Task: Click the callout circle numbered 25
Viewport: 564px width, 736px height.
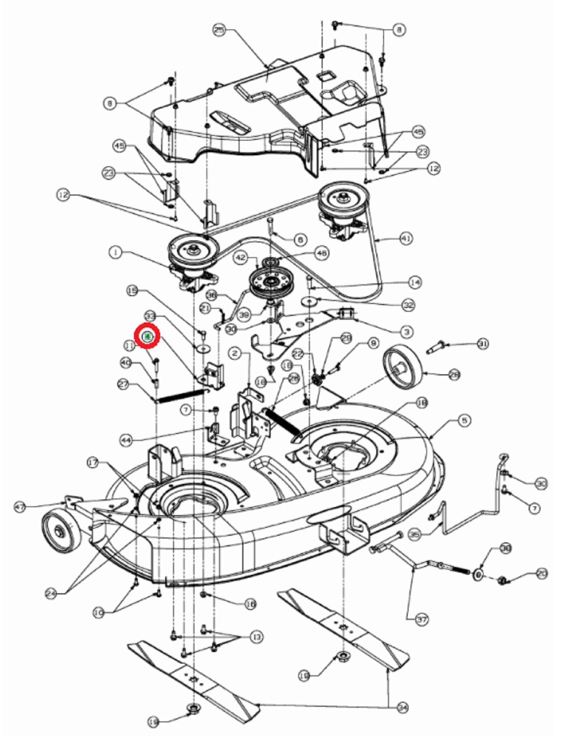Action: pyautogui.click(x=219, y=30)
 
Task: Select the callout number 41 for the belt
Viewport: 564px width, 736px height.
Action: pyautogui.click(x=406, y=238)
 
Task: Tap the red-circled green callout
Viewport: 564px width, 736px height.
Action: pyautogui.click(x=148, y=336)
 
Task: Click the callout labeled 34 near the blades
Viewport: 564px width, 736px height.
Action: pyautogui.click(x=403, y=707)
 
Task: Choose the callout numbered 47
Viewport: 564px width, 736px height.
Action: pyautogui.click(x=20, y=507)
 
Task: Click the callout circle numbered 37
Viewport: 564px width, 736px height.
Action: pyautogui.click(x=422, y=620)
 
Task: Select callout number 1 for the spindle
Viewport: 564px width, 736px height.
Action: pyautogui.click(x=116, y=253)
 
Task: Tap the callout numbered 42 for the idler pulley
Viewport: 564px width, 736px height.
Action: pyautogui.click(x=241, y=258)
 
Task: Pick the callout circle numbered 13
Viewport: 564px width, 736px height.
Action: pyautogui.click(x=257, y=637)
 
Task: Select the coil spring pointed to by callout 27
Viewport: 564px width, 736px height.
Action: pyautogui.click(x=180, y=396)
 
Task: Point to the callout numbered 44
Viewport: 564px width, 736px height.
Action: pyautogui.click(x=126, y=440)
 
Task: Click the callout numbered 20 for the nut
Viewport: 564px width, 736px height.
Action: pyautogui.click(x=542, y=573)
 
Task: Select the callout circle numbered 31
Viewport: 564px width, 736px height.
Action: pyautogui.click(x=483, y=344)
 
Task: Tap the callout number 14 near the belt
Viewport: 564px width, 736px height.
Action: pyautogui.click(x=415, y=283)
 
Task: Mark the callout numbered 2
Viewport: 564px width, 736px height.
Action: pyautogui.click(x=235, y=353)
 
